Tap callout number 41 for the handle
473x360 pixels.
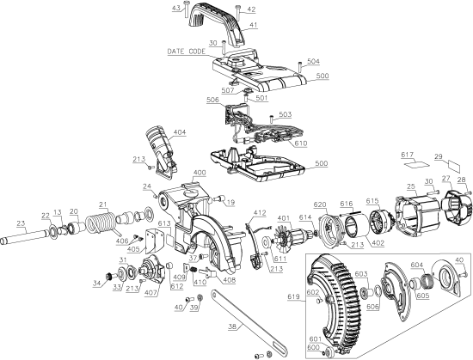252,26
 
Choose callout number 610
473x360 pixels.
299,143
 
